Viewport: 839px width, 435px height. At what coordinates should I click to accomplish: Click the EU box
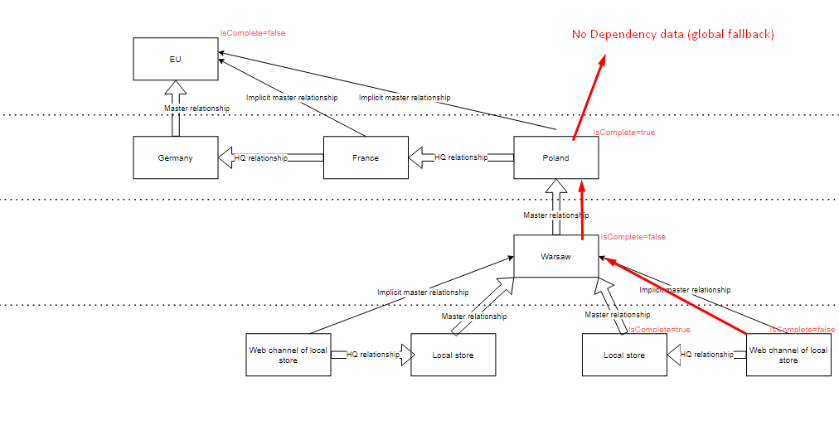coord(176,60)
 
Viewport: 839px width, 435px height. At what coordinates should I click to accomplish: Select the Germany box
coord(176,157)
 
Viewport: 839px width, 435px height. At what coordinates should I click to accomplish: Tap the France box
coord(365,157)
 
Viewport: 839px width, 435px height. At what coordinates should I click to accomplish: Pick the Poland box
coord(555,157)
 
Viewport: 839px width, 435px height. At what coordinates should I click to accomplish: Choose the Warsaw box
coord(555,256)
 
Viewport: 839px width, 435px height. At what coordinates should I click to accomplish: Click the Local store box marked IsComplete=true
coord(623,355)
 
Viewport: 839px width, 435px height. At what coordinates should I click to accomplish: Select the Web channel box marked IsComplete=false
coord(788,355)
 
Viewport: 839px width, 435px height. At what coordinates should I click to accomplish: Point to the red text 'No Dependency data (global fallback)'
coord(672,34)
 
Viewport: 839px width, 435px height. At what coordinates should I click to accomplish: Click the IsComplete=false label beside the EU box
coord(252,33)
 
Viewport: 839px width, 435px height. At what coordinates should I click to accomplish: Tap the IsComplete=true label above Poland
coord(623,133)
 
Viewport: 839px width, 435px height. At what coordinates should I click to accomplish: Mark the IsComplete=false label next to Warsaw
coord(633,237)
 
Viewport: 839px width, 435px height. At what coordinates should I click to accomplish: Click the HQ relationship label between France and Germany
coord(260,157)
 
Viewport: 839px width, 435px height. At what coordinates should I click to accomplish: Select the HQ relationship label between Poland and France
coord(461,157)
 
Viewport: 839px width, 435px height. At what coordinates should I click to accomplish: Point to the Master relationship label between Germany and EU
coord(196,109)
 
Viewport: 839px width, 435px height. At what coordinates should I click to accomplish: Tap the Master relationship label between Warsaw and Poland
coord(555,215)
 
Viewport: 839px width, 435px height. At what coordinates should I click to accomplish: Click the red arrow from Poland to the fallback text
coord(588,95)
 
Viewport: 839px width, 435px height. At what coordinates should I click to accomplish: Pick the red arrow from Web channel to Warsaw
coord(676,296)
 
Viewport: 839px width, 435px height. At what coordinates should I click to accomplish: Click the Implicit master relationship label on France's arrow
coord(292,98)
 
